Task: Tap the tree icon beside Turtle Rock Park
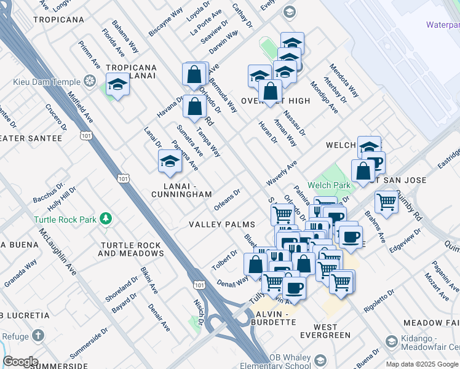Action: coord(106,218)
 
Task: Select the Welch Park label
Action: coord(333,185)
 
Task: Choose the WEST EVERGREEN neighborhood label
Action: coord(315,331)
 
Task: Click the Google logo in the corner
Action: coord(20,362)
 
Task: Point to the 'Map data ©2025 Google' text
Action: coord(422,364)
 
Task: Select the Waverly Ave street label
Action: coord(282,173)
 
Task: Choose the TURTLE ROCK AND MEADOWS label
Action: coord(131,249)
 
